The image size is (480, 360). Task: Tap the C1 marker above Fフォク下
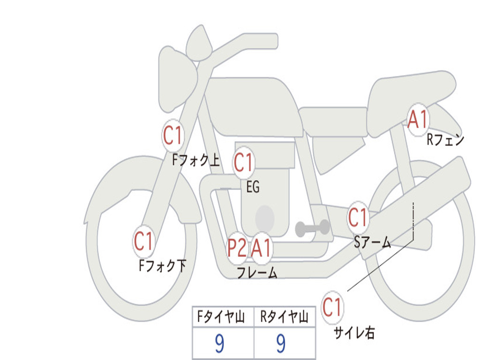(143, 241)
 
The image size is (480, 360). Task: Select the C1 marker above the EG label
(243, 163)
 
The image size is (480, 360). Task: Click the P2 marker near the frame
(237, 248)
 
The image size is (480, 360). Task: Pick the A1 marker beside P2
(261, 248)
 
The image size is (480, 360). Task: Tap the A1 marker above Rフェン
(417, 120)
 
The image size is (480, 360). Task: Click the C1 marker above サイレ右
(332, 307)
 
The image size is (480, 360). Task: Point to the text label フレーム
(257, 272)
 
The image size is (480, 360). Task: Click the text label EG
(253, 187)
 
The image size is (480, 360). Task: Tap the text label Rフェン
(445, 140)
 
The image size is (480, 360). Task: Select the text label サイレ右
(354, 332)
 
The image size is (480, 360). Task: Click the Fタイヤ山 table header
(222, 318)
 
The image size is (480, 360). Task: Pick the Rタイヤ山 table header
(284, 318)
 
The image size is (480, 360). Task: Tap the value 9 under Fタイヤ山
(219, 344)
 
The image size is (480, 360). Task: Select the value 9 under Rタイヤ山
(281, 344)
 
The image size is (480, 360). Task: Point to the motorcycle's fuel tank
(253, 105)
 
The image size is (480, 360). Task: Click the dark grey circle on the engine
(264, 217)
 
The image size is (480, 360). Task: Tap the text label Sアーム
(372, 242)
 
